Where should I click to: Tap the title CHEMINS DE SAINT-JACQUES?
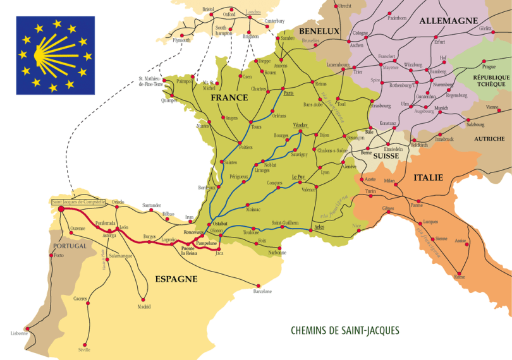tap(344, 330)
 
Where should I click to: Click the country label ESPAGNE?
tap(176, 279)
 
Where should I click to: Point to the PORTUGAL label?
tap(70, 246)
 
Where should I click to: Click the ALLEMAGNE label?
tap(449, 21)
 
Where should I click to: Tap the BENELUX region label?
tap(319, 31)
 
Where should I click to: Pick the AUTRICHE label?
tap(489, 138)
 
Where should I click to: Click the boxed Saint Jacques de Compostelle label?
tap(78, 202)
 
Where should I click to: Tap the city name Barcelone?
tap(262, 291)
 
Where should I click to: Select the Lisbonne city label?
tap(19, 333)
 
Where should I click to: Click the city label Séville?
tap(83, 350)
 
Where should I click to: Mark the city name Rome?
tap(460, 277)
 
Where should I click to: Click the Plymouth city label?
tap(181, 40)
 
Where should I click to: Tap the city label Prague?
tap(489, 66)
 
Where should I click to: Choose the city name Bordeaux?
tap(207, 188)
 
